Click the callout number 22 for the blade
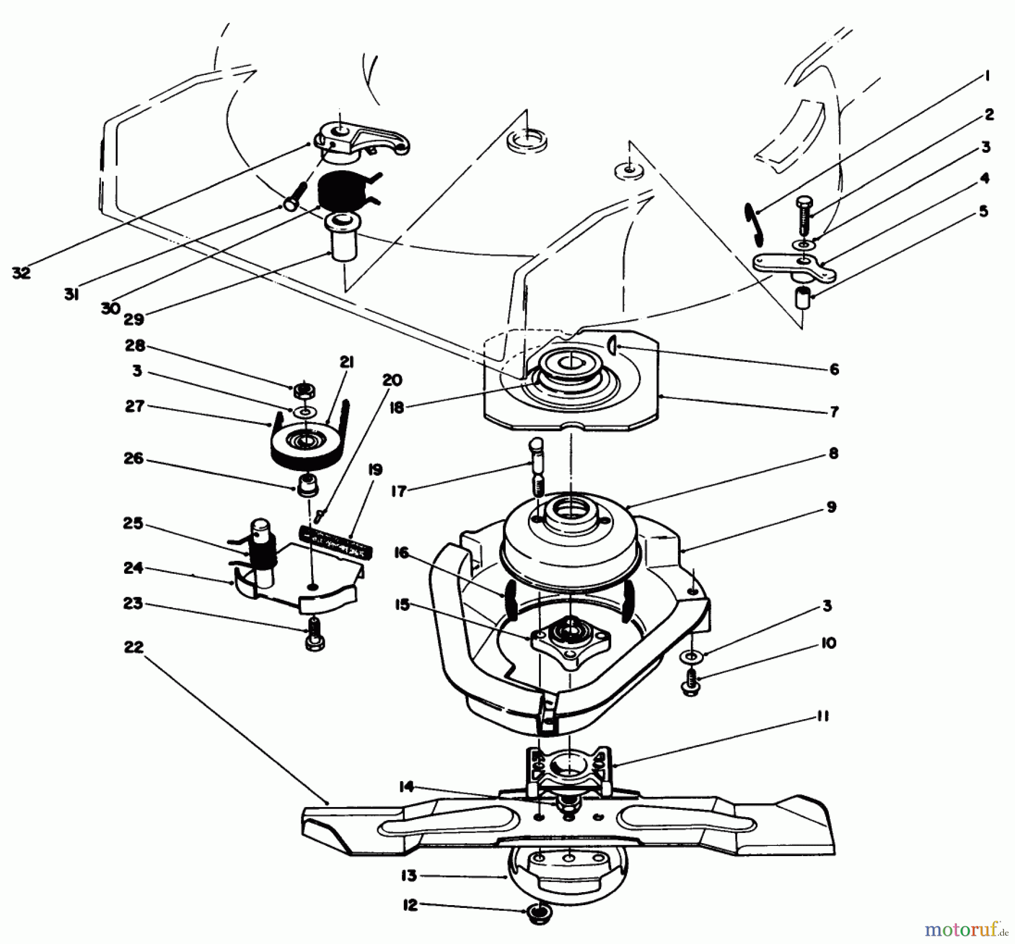[x=134, y=648]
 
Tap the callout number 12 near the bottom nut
[x=410, y=905]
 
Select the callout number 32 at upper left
[x=21, y=273]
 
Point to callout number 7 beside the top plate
[x=834, y=411]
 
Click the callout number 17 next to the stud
[x=399, y=491]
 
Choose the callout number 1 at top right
[x=985, y=76]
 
